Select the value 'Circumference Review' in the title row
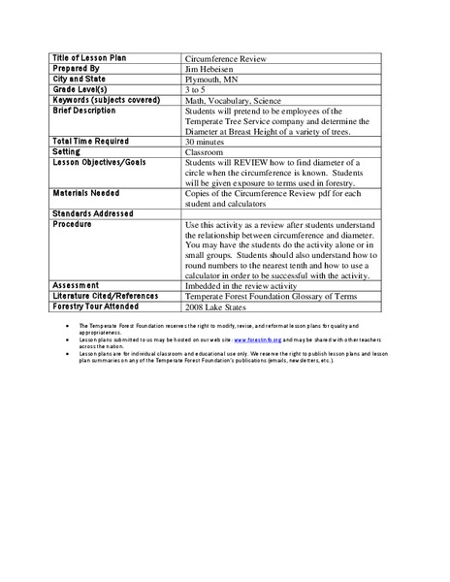(x=220, y=58)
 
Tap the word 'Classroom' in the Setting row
(x=203, y=152)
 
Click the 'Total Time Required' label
(x=91, y=141)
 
